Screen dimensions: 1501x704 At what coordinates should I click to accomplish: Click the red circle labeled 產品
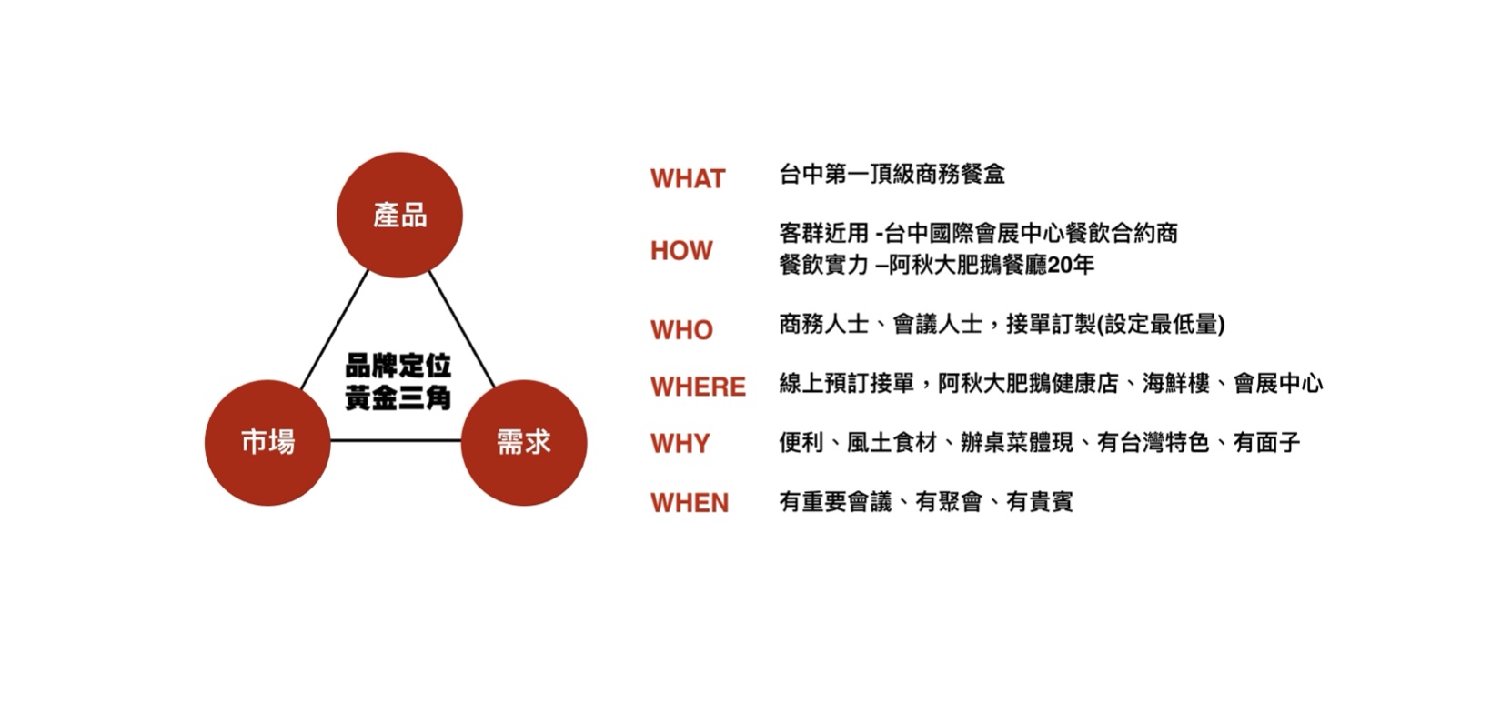pos(399,215)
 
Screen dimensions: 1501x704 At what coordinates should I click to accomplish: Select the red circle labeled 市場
pos(267,442)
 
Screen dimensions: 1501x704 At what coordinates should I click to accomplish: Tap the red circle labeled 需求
pos(523,442)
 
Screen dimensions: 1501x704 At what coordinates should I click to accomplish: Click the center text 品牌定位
pos(398,366)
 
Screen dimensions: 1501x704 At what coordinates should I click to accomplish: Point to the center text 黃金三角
pos(398,397)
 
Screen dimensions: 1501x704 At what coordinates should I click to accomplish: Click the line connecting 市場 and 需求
pos(396,441)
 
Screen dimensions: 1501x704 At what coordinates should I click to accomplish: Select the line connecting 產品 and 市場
pos(335,329)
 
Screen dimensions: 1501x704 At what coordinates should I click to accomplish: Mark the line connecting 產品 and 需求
pos(462,329)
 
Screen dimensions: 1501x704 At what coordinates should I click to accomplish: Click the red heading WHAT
pos(688,179)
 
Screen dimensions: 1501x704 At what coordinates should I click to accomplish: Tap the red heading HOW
pos(681,250)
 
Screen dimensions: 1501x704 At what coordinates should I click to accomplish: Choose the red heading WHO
pos(681,330)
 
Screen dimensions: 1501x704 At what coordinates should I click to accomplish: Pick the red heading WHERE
pos(698,387)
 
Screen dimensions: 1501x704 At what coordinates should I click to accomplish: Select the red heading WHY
pos(680,444)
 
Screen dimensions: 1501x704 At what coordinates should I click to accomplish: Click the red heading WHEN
pos(690,503)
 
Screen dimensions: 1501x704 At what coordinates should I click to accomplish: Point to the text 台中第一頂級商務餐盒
pos(892,174)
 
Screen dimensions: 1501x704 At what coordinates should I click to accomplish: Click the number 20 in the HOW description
pos(1060,266)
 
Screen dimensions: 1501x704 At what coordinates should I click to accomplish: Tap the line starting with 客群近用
pos(978,233)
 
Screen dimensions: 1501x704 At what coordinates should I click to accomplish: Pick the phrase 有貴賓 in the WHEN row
pos(1039,502)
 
